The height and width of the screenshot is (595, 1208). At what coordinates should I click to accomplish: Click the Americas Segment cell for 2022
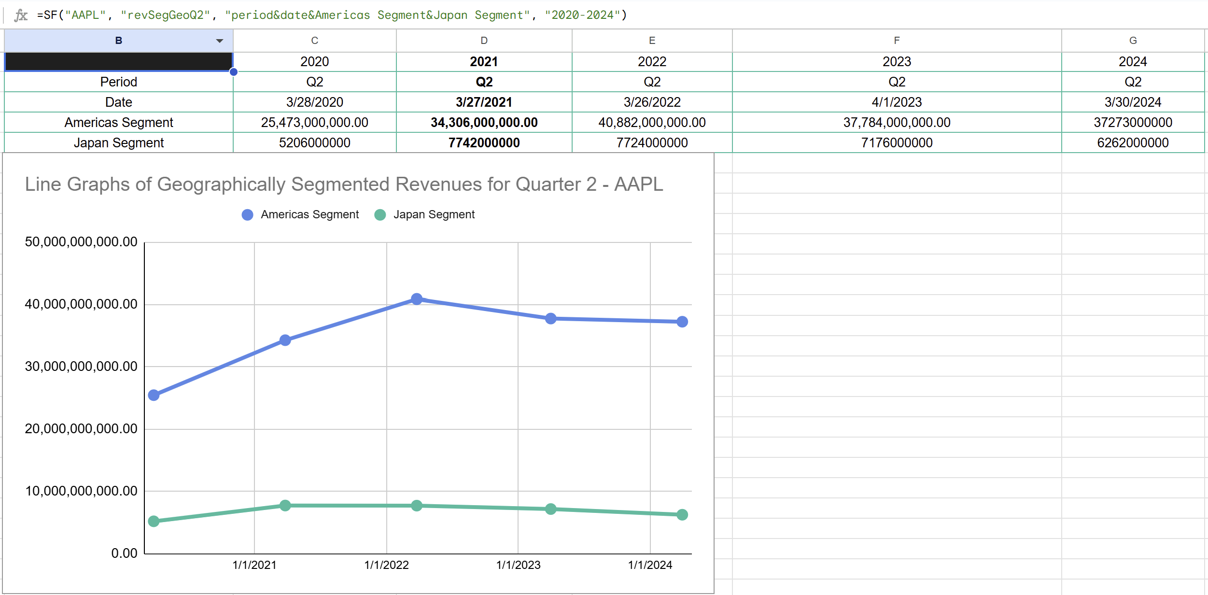(x=652, y=123)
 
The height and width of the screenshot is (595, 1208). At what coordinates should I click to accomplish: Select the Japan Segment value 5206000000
(x=314, y=143)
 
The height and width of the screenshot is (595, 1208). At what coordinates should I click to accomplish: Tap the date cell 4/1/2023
(x=897, y=102)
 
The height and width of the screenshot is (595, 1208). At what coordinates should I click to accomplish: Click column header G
(x=1133, y=41)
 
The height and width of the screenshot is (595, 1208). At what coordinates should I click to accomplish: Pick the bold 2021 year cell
(x=484, y=62)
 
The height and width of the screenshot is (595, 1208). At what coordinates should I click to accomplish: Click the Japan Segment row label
(x=119, y=143)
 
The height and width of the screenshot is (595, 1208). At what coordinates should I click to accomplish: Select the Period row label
(x=119, y=82)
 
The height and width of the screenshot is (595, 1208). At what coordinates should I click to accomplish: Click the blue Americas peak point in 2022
(x=417, y=299)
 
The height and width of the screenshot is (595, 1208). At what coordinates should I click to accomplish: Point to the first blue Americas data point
(x=154, y=395)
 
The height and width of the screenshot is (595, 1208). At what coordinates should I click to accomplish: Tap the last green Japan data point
(x=682, y=515)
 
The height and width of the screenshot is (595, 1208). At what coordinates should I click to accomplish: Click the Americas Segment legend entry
(x=309, y=214)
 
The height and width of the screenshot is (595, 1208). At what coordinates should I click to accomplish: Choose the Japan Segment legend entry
(x=434, y=214)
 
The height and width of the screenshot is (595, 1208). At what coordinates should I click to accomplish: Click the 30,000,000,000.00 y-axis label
(x=81, y=367)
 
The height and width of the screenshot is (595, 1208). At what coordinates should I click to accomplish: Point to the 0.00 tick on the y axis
(x=124, y=553)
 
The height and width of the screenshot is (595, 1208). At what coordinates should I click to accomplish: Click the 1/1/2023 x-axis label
(x=518, y=565)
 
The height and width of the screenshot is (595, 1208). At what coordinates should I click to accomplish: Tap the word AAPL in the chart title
(x=638, y=184)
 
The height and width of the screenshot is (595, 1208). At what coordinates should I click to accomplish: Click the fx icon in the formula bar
(x=21, y=15)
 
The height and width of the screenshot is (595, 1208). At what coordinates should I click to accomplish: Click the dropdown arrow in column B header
(x=220, y=41)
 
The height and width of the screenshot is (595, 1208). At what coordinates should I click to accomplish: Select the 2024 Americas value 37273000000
(x=1133, y=123)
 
